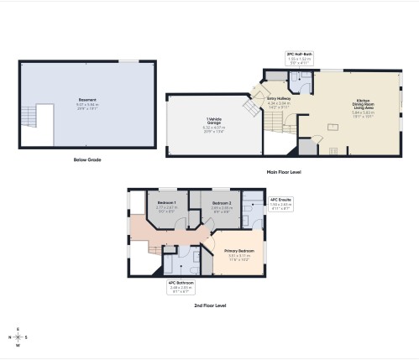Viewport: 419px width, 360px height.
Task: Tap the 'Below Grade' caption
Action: click(x=87, y=159)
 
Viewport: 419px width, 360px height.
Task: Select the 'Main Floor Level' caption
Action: click(x=283, y=171)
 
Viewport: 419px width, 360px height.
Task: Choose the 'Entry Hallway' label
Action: click(x=278, y=99)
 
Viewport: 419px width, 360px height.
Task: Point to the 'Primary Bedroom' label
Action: click(x=239, y=251)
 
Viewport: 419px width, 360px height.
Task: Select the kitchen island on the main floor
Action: click(x=335, y=128)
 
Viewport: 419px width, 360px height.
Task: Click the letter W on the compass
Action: click(x=9, y=337)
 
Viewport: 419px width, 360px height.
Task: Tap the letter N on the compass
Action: click(x=18, y=344)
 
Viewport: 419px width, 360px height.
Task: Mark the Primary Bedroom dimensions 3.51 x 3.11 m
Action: click(x=239, y=257)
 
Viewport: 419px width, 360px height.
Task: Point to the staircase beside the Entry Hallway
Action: click(x=250, y=107)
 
